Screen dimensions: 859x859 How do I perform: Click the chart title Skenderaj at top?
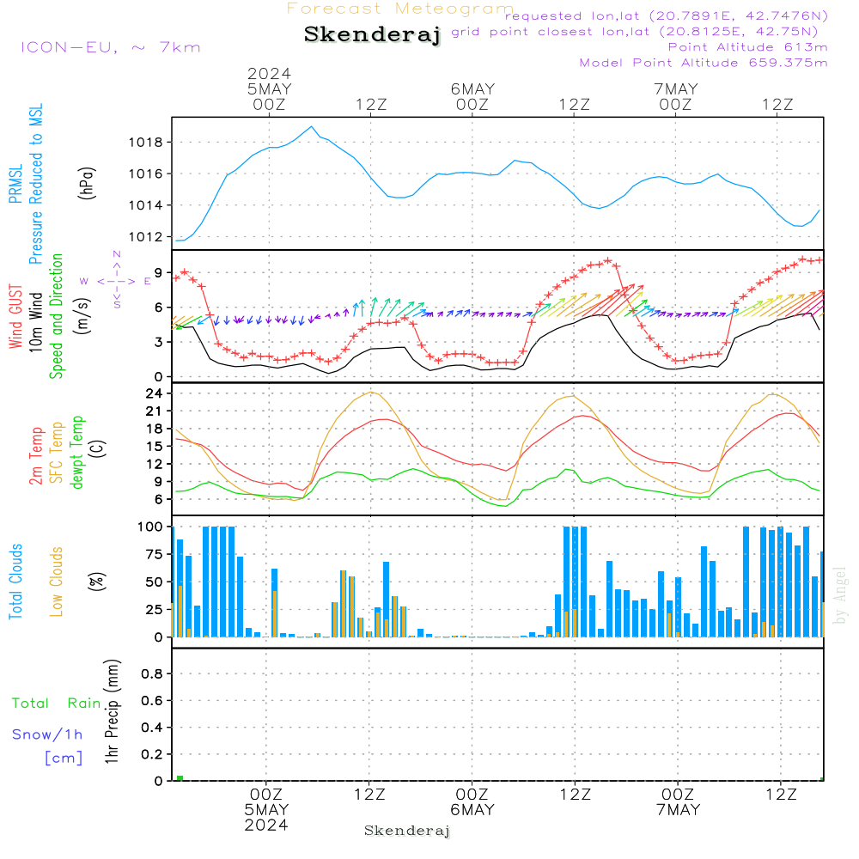click(372, 35)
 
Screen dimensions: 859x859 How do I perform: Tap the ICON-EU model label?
click(110, 47)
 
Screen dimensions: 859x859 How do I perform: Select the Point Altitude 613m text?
click(747, 47)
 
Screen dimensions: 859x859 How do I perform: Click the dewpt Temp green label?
click(78, 453)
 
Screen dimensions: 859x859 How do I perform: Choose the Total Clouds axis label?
click(15, 581)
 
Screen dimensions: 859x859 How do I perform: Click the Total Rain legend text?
click(56, 704)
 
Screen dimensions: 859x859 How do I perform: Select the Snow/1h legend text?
click(47, 735)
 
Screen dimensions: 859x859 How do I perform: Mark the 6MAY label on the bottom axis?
click(472, 810)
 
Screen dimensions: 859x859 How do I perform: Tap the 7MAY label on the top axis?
click(676, 89)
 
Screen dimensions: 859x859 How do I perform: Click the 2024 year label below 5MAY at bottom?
click(266, 825)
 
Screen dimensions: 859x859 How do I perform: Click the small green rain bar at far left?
click(180, 778)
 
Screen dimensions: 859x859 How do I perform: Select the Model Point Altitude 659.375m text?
click(704, 63)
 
